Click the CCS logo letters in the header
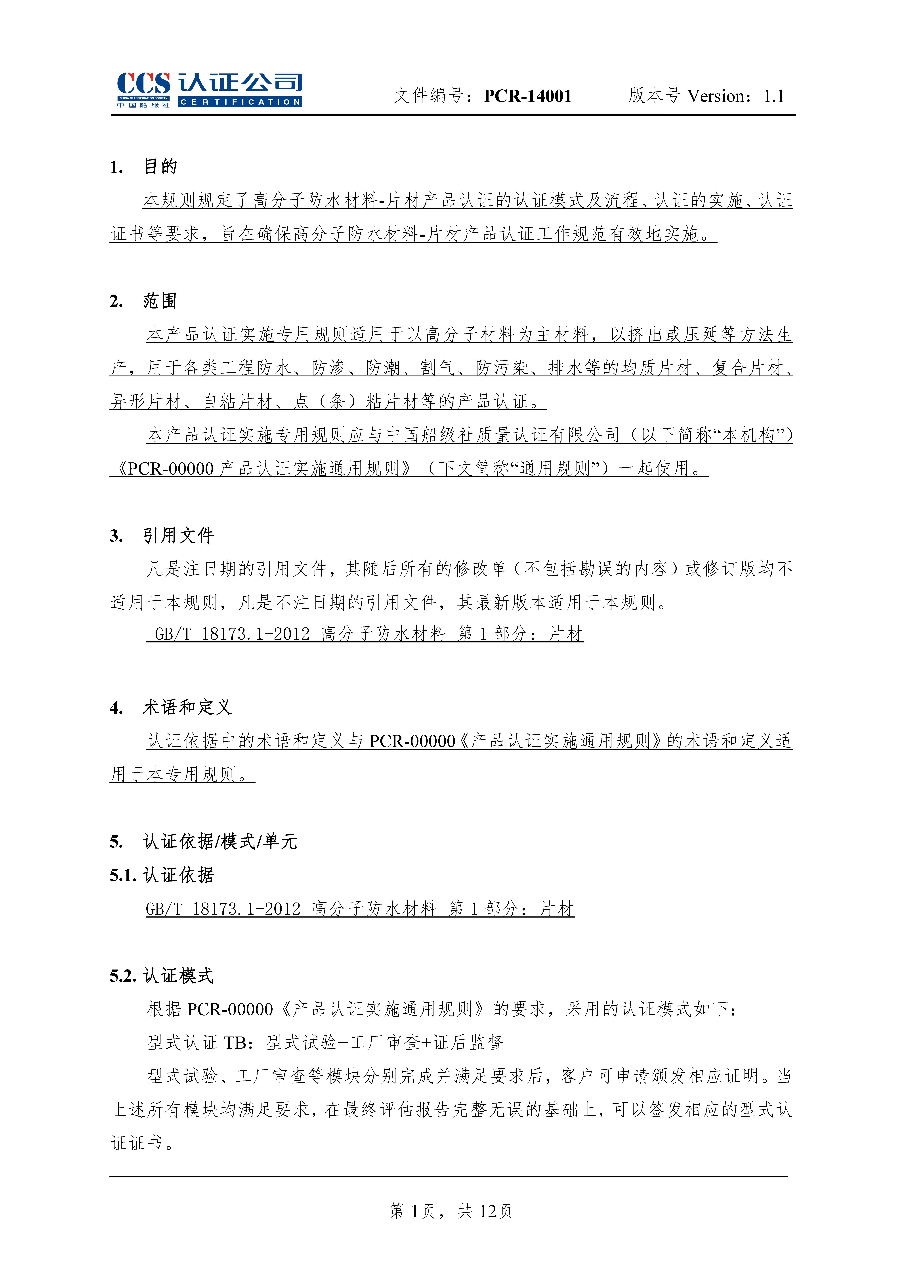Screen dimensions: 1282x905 (x=143, y=84)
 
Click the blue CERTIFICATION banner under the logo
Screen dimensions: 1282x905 (x=240, y=102)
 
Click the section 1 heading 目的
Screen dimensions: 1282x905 (x=160, y=166)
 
